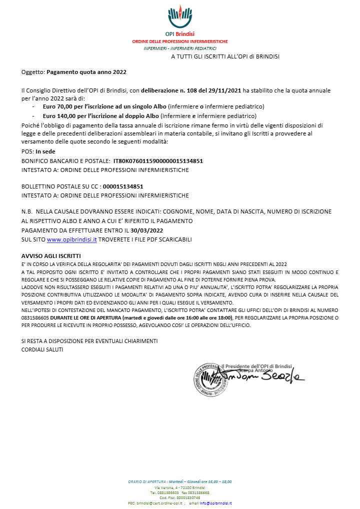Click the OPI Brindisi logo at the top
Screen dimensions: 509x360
click(x=179, y=17)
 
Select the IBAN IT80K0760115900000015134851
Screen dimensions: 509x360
click(x=158, y=161)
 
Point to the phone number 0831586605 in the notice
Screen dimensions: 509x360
click(x=35, y=317)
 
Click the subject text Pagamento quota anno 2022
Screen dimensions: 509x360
click(x=86, y=72)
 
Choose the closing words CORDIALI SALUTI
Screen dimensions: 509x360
click(x=42, y=349)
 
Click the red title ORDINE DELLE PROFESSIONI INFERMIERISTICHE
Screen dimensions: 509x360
click(x=180, y=41)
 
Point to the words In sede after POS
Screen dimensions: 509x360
click(x=45, y=152)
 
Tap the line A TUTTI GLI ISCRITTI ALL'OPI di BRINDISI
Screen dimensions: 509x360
click(x=225, y=56)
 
